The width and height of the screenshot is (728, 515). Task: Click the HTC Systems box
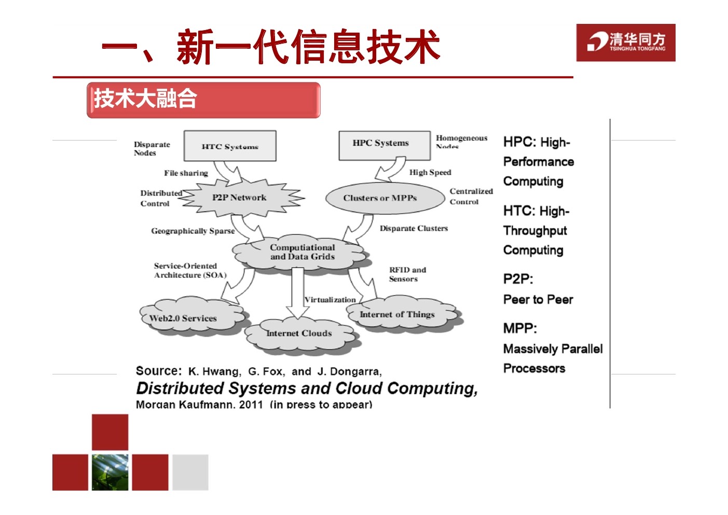[230, 146]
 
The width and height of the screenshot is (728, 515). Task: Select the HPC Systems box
[384, 145]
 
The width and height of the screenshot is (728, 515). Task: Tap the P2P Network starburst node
[239, 198]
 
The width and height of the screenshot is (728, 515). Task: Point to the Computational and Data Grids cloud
[302, 253]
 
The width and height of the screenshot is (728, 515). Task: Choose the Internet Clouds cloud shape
[300, 333]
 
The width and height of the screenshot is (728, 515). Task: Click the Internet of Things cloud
[400, 314]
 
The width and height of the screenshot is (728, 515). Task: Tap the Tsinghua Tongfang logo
[625, 43]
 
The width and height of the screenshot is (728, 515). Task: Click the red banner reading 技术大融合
[203, 100]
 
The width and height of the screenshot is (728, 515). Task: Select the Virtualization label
[330, 300]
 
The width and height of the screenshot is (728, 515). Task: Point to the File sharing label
[186, 173]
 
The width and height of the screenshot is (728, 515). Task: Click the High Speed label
[430, 173]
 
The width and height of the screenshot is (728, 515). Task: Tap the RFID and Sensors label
[407, 274]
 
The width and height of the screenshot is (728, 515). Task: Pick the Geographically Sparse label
[193, 231]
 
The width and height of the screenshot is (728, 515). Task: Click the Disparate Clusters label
[414, 228]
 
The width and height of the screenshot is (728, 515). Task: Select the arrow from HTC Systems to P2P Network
[228, 171]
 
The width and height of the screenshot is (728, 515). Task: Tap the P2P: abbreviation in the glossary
[518, 279]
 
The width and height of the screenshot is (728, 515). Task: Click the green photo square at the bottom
[110, 472]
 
